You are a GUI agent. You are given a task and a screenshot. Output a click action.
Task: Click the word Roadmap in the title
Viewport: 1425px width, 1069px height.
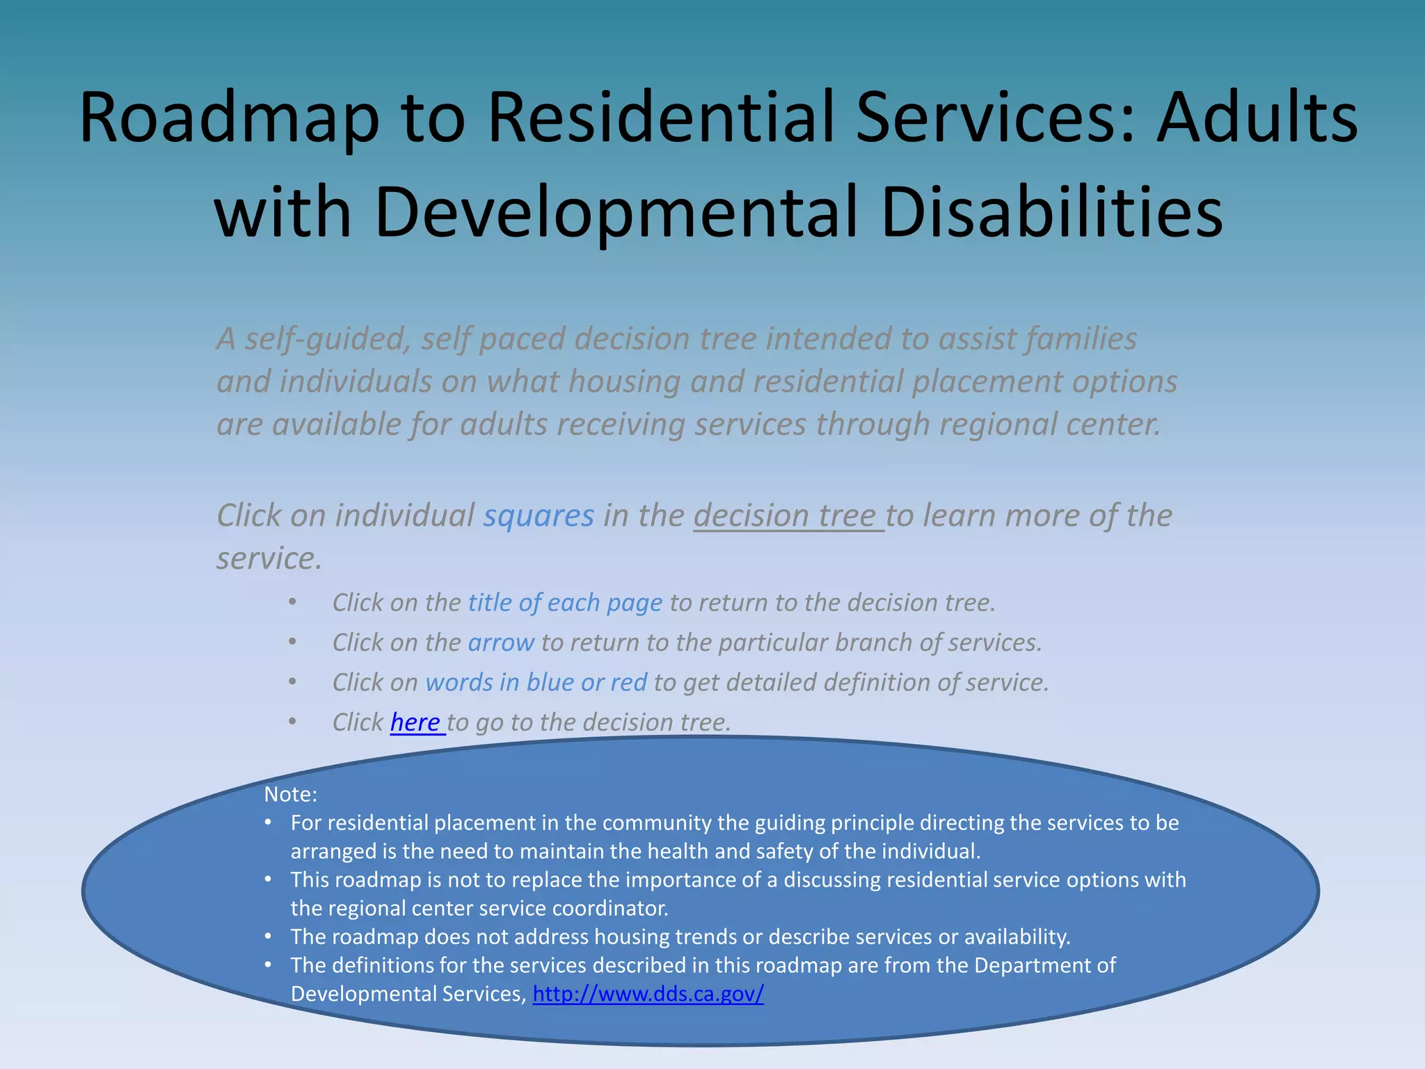point(230,118)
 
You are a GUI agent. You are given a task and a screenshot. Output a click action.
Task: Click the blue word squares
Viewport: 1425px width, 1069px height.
point(539,516)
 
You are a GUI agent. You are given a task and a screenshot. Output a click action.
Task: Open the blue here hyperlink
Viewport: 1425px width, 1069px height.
point(415,722)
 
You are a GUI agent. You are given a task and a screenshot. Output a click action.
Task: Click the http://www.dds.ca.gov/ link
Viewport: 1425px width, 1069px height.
point(648,994)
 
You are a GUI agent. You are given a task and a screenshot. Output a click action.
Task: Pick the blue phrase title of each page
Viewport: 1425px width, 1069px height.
point(565,603)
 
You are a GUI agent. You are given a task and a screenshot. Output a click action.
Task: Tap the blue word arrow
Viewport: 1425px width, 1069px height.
point(501,642)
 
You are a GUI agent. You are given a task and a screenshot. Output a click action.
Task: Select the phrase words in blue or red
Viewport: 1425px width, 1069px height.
point(536,683)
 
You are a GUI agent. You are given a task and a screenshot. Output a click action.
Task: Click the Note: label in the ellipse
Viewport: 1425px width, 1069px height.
point(290,794)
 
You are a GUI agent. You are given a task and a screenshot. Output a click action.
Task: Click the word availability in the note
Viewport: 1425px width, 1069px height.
point(1016,937)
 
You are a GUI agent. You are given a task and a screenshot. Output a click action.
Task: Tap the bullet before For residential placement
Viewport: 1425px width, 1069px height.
point(268,823)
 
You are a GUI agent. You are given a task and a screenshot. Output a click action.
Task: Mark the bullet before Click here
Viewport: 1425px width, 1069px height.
point(293,722)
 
